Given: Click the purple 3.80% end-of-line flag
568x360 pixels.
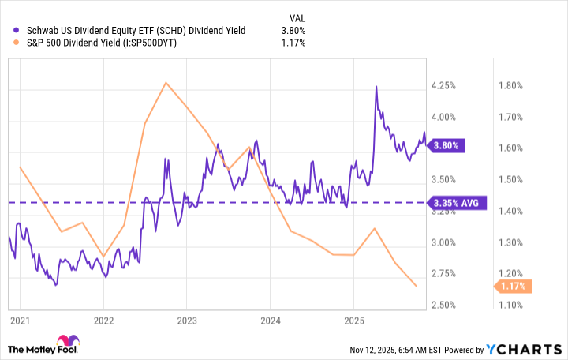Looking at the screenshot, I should (x=450, y=145).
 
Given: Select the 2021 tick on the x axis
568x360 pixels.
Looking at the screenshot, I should (x=20, y=321).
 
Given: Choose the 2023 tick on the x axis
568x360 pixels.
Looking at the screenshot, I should (x=186, y=321).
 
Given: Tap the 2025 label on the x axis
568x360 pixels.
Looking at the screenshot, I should (x=353, y=321).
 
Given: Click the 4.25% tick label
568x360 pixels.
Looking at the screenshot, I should (x=443, y=85).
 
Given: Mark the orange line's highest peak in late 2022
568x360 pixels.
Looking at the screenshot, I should (x=166, y=82).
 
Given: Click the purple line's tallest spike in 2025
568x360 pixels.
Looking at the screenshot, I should (x=376, y=86).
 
